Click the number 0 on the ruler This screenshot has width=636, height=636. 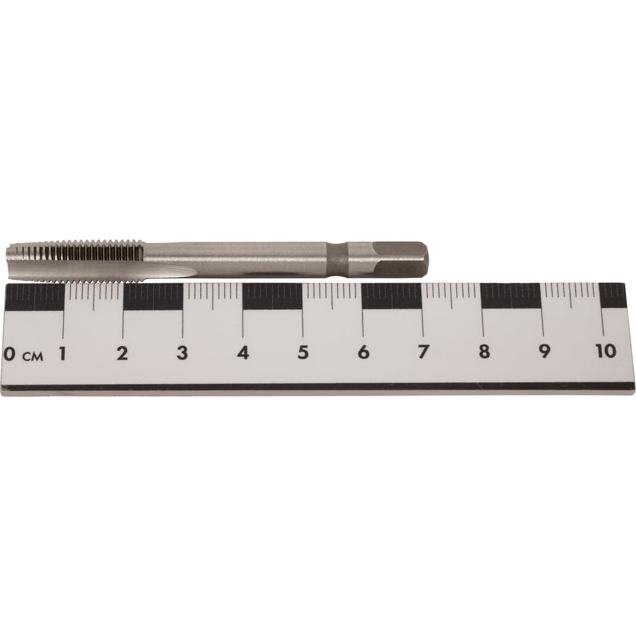click(x=9, y=353)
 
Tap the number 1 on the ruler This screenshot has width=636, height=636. click(x=62, y=353)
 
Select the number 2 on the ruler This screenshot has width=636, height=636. click(x=122, y=353)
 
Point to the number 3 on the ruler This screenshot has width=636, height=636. click(x=182, y=353)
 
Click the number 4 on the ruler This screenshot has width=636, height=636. click(x=242, y=353)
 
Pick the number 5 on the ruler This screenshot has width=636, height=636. click(x=303, y=352)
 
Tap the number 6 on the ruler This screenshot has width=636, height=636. click(x=363, y=352)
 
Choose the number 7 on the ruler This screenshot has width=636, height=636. click(x=423, y=352)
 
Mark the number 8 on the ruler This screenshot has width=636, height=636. click(x=483, y=351)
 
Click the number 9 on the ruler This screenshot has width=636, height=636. click(x=544, y=351)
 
